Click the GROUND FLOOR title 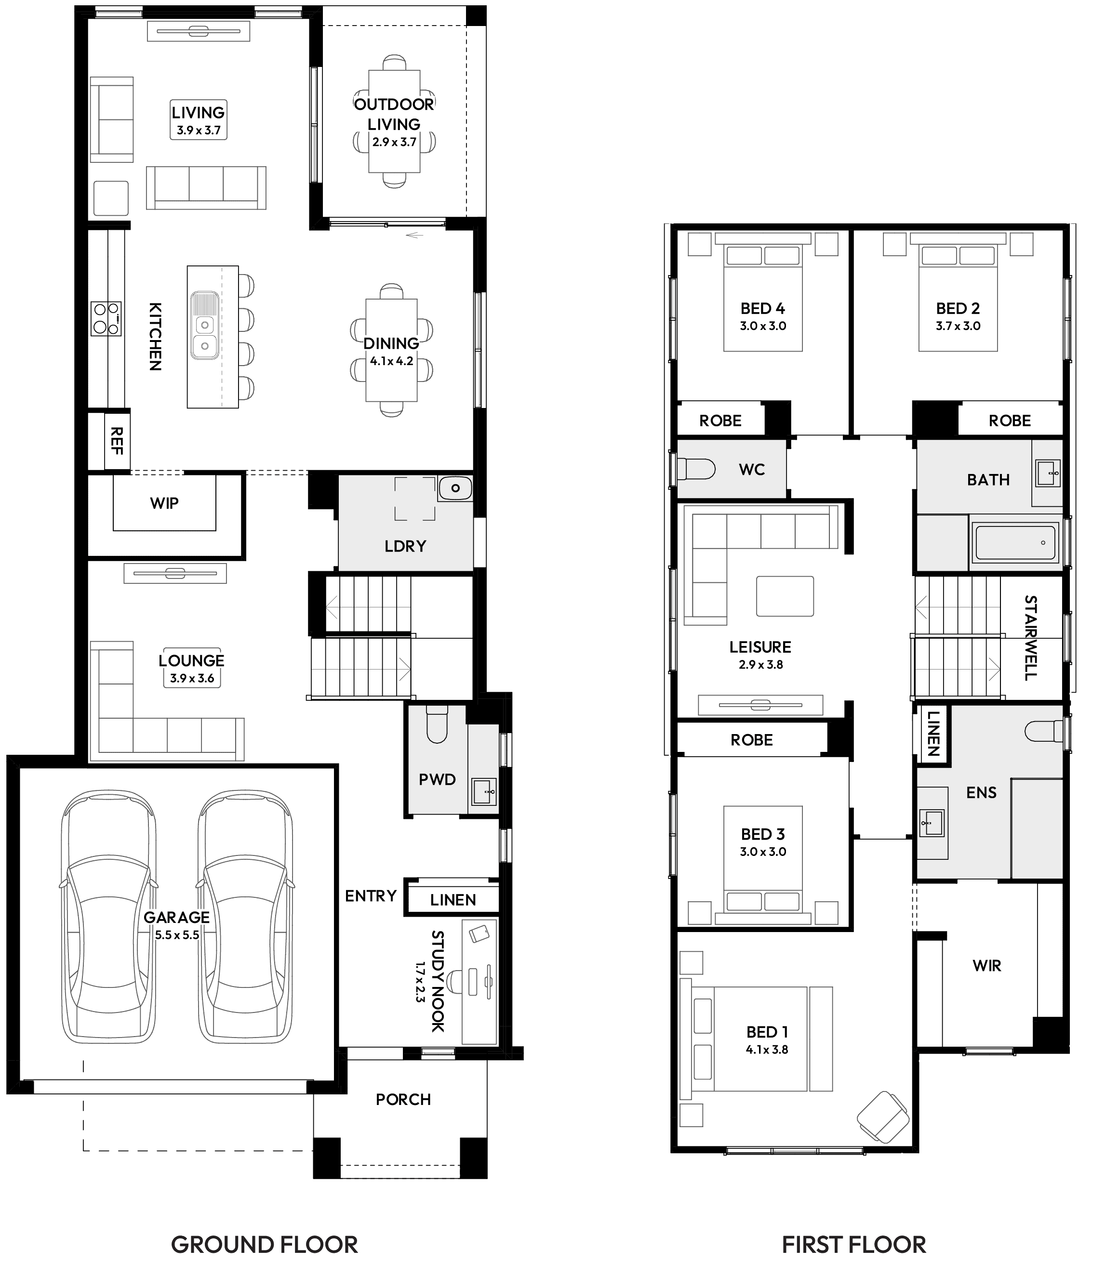[264, 1244]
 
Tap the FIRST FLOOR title [853, 1244]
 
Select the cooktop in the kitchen [106, 318]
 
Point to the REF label [116, 441]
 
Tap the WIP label [164, 503]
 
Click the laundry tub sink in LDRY [455, 488]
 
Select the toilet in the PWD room [437, 726]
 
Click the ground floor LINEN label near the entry [453, 900]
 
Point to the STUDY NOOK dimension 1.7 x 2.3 [421, 982]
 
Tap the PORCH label [403, 1100]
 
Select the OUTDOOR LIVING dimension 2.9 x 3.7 [394, 142]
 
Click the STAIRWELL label [1030, 638]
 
